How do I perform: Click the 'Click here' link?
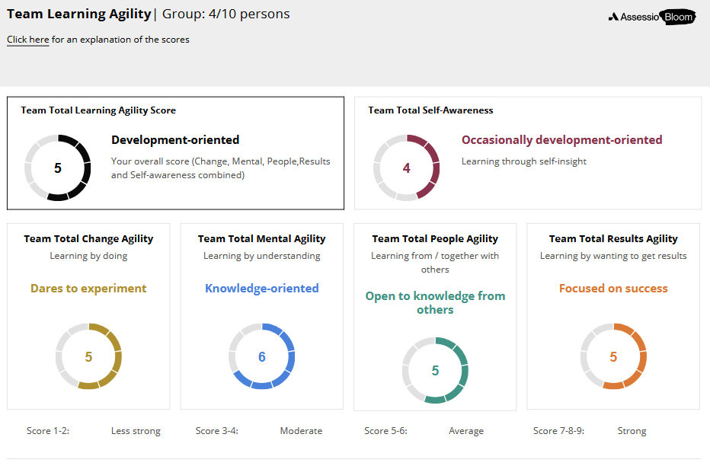coord(27,40)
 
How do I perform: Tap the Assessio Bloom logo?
coord(652,18)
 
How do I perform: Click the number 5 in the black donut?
coord(57,168)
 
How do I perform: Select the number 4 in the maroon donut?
coord(406,168)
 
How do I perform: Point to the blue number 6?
coord(262,357)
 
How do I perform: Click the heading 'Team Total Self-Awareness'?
coord(430,110)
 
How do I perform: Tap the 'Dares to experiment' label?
coord(88,289)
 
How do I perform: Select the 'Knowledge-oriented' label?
coord(262,289)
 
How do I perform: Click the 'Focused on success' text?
coord(613,289)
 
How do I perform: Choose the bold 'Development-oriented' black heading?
coord(175,140)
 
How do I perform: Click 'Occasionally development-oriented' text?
coord(562,140)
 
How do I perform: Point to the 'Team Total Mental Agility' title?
coord(262,239)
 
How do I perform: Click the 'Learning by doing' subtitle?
coord(88,256)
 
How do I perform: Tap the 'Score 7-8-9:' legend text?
coord(558,431)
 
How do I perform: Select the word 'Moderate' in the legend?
coord(301,431)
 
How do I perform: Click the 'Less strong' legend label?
coord(136,431)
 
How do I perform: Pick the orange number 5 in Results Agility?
coord(613,357)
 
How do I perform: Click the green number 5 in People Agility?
coord(435,371)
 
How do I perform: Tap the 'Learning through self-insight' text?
coord(524,161)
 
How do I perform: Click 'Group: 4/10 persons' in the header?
coord(226,14)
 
